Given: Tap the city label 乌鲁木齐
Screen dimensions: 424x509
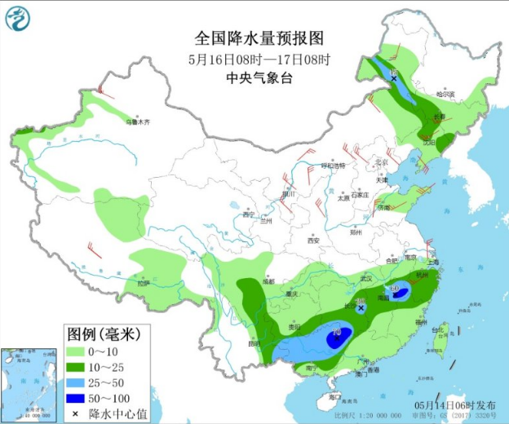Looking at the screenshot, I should (x=138, y=122).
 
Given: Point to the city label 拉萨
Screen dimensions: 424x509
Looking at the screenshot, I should (x=144, y=283).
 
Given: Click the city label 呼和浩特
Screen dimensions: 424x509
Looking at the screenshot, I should (x=332, y=166).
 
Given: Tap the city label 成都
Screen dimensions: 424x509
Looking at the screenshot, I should (x=268, y=281).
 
